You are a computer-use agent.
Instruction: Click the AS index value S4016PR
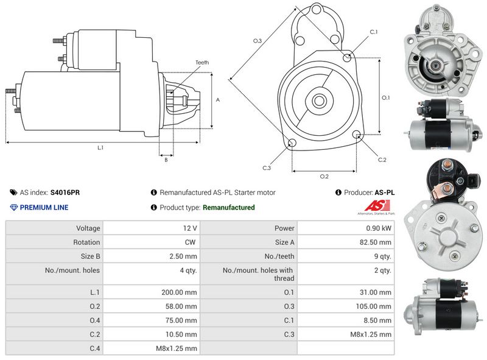tap(65, 192)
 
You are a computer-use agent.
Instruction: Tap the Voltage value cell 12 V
tap(190, 228)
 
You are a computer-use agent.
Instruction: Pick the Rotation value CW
tap(191, 242)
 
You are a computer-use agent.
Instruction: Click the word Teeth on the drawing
tap(202, 63)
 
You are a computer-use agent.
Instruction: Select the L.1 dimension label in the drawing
tap(100, 148)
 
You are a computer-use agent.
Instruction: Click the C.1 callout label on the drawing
tap(374, 32)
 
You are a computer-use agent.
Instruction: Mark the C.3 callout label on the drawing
tap(267, 168)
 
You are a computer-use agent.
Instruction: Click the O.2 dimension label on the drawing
tap(324, 177)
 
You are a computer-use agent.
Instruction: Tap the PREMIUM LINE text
tap(44, 207)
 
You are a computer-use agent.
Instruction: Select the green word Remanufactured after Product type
tap(228, 207)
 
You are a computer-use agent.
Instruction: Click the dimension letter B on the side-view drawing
tap(166, 160)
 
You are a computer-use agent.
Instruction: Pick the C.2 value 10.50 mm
tap(184, 334)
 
